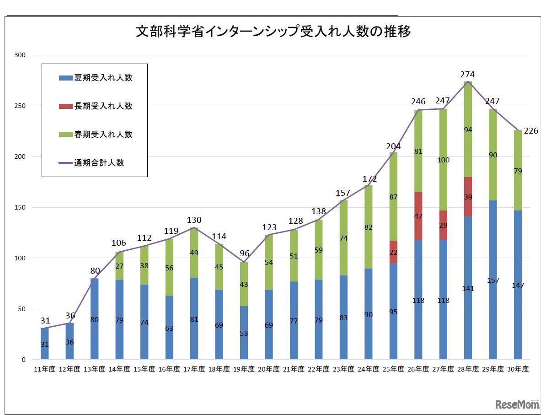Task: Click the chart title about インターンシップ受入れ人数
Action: coord(273,32)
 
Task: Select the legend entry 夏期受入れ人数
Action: coord(96,78)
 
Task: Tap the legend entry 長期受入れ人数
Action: coord(96,106)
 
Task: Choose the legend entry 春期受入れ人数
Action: coord(96,135)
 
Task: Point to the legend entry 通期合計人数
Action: coord(91,163)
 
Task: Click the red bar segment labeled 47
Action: coord(418,216)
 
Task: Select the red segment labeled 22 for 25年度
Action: coord(393,252)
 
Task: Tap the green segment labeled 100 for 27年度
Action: coord(443,160)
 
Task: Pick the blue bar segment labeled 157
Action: coord(493,280)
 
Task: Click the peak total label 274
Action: coord(468,75)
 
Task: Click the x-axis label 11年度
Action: coord(44,369)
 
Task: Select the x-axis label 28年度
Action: coord(468,369)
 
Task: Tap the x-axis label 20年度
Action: coord(268,369)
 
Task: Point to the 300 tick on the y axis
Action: coord(20,55)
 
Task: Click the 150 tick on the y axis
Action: coord(20,207)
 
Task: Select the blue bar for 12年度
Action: coord(70,341)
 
